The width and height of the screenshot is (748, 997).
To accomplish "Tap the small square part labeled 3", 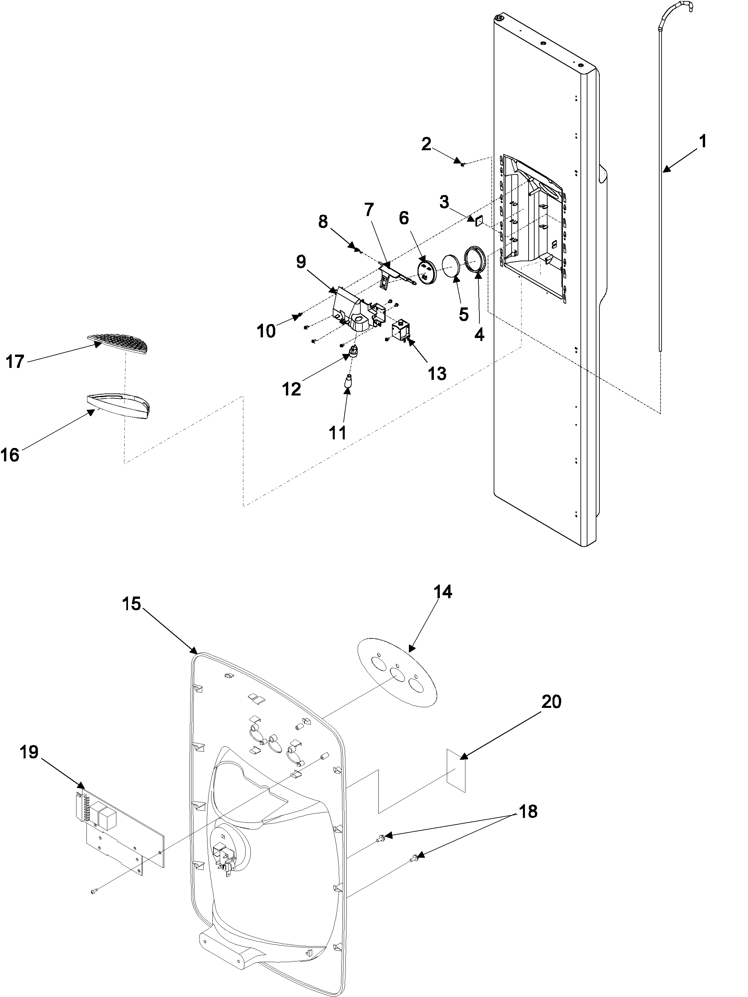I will tap(478, 220).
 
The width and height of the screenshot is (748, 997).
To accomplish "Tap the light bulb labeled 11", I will tap(348, 383).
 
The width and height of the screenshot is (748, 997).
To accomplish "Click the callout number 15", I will tap(132, 604).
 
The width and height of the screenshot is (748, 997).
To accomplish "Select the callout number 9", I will tap(301, 262).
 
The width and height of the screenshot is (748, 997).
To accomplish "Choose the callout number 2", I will tap(426, 144).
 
